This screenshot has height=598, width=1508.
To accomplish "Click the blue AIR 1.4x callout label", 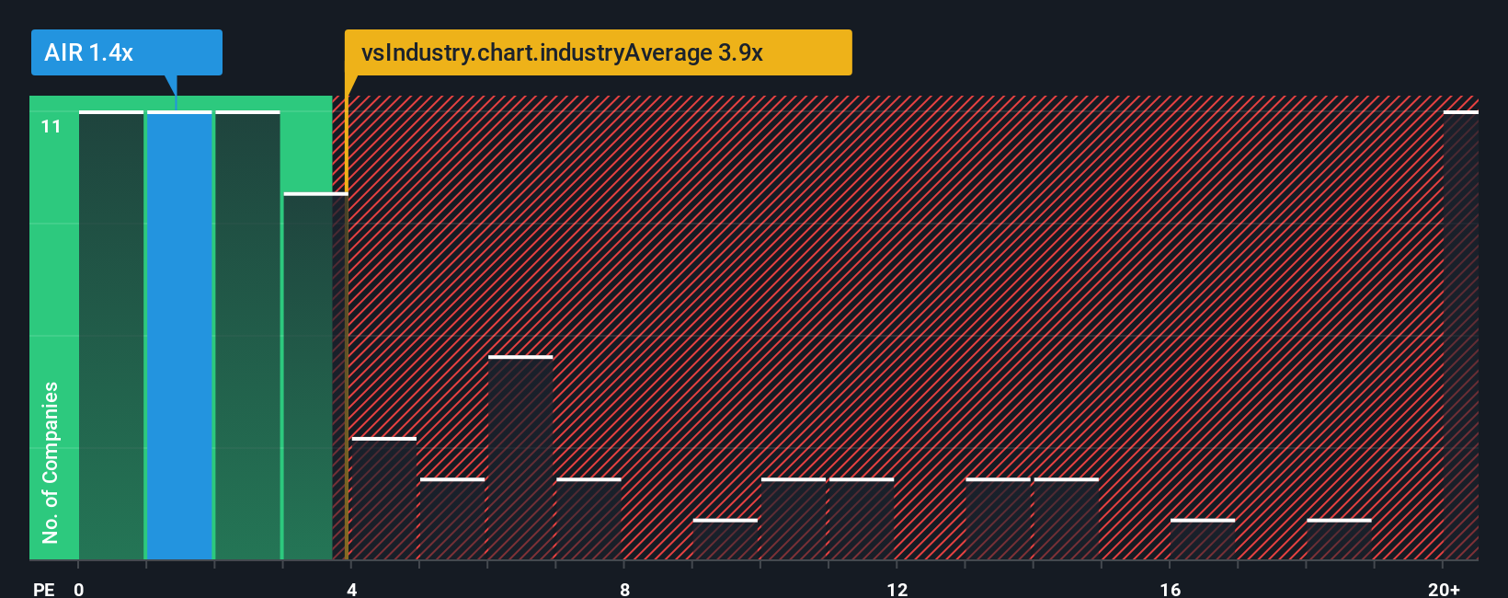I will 126,52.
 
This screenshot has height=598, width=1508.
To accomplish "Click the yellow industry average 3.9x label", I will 598,52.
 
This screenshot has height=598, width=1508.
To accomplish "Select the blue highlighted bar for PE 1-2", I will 179,336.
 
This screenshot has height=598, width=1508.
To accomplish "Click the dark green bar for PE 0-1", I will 111,336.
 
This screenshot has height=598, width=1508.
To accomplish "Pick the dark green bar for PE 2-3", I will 247,336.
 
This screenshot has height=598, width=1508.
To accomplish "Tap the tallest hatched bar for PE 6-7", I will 520,458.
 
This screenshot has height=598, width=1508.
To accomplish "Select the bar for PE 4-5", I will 384,499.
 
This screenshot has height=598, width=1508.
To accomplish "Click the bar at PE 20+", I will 1460,336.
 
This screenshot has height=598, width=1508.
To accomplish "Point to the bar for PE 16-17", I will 1203,540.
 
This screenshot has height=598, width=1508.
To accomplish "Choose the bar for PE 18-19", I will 1339,540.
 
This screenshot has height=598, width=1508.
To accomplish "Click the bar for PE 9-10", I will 725,540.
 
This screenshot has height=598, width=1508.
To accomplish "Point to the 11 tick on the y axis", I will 51,126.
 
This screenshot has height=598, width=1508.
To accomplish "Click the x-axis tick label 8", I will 624,589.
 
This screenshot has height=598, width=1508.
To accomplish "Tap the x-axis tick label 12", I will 897,589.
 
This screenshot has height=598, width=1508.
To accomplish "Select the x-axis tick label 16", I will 1170,589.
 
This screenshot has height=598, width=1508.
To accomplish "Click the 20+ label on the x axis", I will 1444,589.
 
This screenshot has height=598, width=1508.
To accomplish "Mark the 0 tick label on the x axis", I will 79,589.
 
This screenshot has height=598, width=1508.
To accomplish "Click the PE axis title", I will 44,589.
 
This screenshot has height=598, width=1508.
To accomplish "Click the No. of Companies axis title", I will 51,462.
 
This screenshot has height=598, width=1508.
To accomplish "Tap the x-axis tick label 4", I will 352,589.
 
